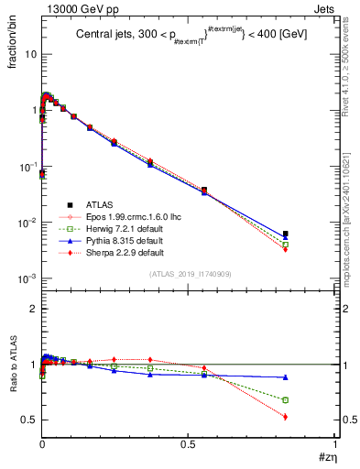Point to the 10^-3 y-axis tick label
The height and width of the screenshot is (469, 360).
click(x=28, y=279)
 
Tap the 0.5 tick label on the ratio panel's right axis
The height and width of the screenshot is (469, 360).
click(x=346, y=420)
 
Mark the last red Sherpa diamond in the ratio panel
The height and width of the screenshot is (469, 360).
click(x=286, y=417)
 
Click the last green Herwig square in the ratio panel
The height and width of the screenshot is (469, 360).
click(x=286, y=400)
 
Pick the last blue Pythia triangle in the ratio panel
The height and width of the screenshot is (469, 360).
click(x=286, y=377)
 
